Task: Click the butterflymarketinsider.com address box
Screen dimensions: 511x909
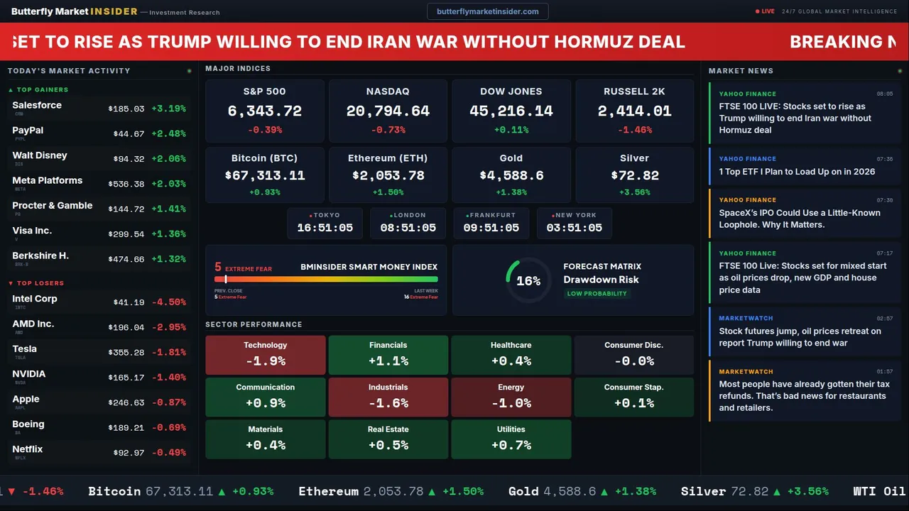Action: (x=487, y=11)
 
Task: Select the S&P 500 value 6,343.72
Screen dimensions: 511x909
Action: (x=264, y=111)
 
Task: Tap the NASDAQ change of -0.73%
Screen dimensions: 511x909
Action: (x=388, y=130)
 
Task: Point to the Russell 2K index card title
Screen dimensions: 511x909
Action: (x=634, y=92)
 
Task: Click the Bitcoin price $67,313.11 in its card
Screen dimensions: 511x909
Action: (x=264, y=175)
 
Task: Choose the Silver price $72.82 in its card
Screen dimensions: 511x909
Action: (x=634, y=175)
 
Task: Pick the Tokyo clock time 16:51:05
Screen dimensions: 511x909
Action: (x=325, y=228)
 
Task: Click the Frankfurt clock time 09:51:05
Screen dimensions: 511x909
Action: (x=491, y=228)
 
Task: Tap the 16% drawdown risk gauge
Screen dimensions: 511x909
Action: (x=528, y=280)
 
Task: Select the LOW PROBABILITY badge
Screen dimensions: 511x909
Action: (x=597, y=294)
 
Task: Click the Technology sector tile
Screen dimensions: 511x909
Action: (x=265, y=355)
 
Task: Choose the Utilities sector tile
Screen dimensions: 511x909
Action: (x=511, y=439)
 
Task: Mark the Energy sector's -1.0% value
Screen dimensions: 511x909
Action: (x=511, y=403)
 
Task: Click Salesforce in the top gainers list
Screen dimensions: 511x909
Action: (x=37, y=106)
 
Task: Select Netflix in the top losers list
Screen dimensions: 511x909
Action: (x=28, y=450)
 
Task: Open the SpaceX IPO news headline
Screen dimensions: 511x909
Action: (x=800, y=219)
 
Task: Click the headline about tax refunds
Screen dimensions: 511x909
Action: (x=804, y=396)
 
